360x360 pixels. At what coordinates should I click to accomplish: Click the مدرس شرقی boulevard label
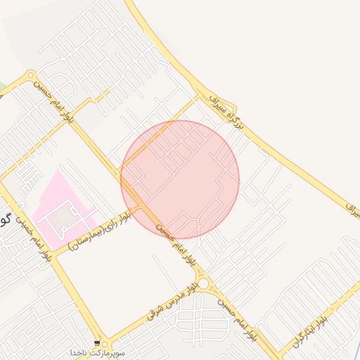(168, 302)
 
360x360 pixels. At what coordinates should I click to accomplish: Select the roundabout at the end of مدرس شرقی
(204, 283)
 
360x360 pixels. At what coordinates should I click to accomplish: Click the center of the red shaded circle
(180, 179)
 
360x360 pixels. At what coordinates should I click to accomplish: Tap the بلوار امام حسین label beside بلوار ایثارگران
(236, 317)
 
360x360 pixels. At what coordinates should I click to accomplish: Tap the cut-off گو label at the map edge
(4, 219)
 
